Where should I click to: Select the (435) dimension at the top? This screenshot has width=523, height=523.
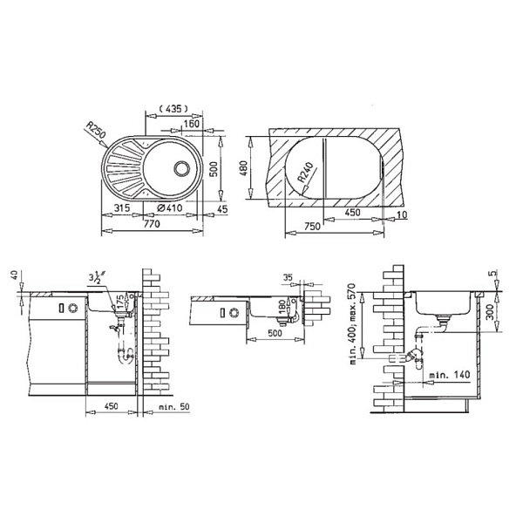[x=173, y=108]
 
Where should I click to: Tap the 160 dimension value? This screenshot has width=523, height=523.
[x=191, y=124]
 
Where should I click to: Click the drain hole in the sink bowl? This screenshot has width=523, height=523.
[x=181, y=168]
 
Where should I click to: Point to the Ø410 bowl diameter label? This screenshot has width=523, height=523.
[x=169, y=207]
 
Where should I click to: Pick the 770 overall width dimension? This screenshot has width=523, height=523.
[x=152, y=223]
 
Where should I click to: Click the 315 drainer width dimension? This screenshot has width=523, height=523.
[x=122, y=207]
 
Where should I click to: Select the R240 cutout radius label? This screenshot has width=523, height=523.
[x=305, y=173]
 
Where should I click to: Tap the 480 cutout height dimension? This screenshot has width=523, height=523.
[x=244, y=168]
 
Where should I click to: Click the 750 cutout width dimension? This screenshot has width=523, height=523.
[x=312, y=227]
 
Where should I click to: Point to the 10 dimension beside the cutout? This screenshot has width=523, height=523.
[x=402, y=214]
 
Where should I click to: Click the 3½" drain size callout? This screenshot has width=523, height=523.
[x=97, y=279]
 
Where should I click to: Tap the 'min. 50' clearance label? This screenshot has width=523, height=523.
[x=173, y=407]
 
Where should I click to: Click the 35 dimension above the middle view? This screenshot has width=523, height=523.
[x=288, y=277]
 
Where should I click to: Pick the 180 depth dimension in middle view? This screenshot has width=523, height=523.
[x=282, y=307]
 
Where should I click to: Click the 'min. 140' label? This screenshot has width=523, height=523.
[x=449, y=375]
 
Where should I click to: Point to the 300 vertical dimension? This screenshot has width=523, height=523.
[x=490, y=311]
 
